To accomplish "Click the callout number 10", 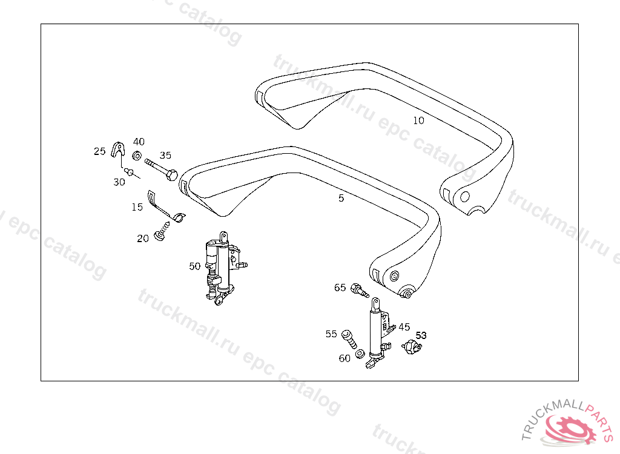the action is (418, 120).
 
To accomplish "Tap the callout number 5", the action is (341, 199).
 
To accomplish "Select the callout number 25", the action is (100, 151).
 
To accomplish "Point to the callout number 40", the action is (139, 142).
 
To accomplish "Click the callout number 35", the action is (165, 155).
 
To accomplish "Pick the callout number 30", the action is (119, 182).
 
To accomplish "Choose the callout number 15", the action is (137, 207).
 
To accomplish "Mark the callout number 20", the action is (143, 239).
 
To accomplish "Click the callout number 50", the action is (194, 266).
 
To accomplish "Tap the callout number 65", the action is (340, 288).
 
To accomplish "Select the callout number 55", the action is (331, 334).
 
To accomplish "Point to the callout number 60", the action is (345, 358).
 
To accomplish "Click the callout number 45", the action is (404, 327).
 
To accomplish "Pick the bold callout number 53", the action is (421, 335).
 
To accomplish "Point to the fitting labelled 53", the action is (413, 347).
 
